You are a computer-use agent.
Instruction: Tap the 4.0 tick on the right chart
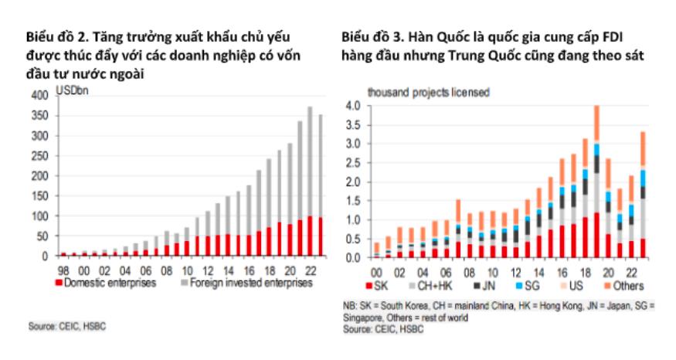point(352,105)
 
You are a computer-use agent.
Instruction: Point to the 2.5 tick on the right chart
point(352,162)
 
